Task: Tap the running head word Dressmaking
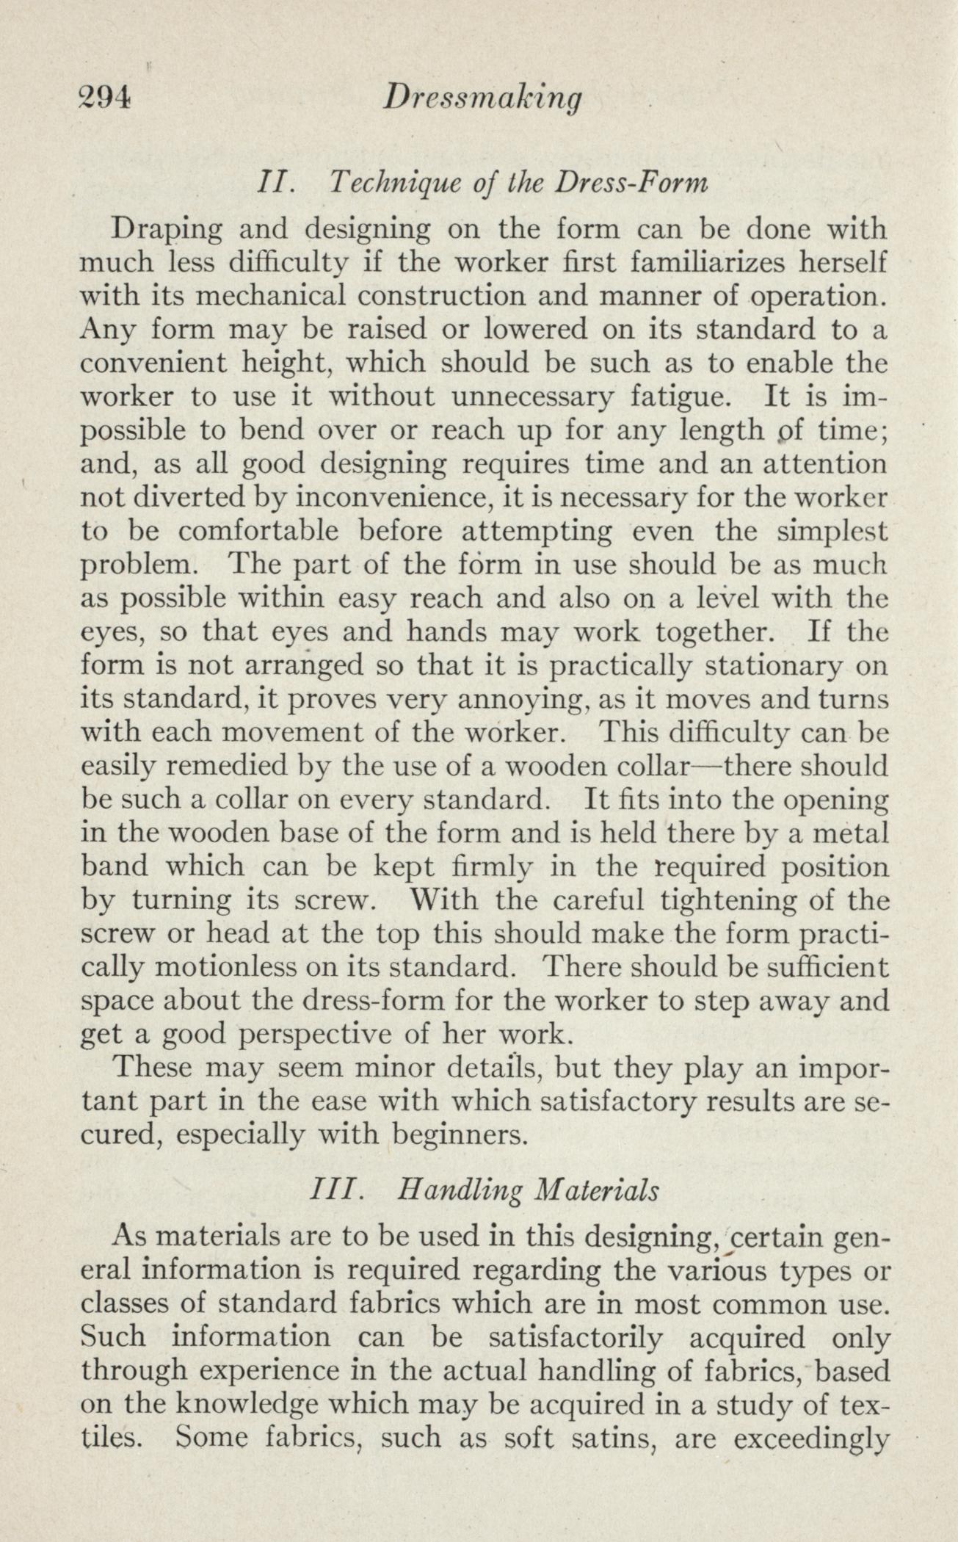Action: coord(483,99)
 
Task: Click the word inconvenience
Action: coord(380,498)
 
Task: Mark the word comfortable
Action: coord(254,531)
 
